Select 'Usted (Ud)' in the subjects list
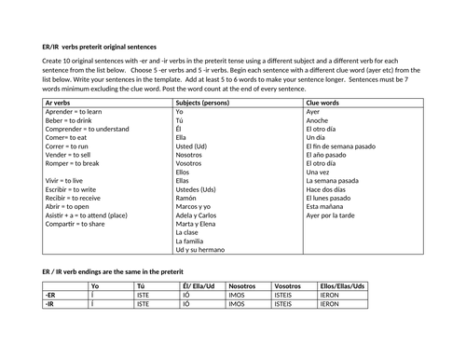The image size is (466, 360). (193, 145)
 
